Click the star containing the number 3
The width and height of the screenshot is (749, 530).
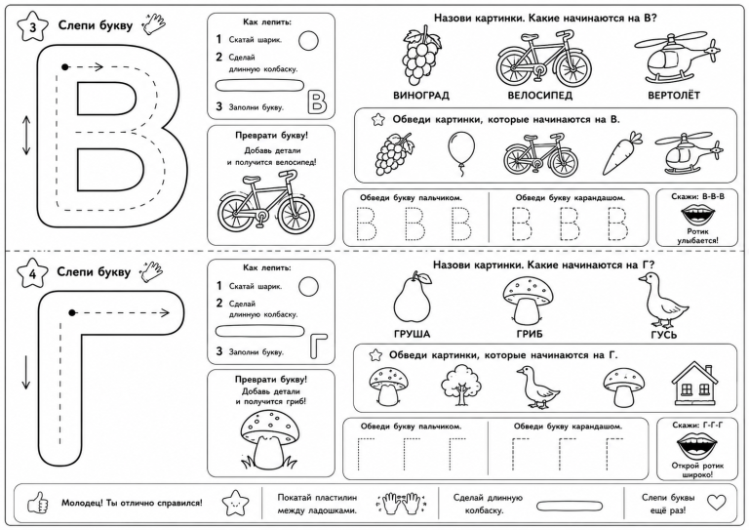click(x=32, y=26)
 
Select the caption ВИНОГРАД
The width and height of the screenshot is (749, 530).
click(x=421, y=95)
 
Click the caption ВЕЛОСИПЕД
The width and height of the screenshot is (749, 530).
click(x=539, y=95)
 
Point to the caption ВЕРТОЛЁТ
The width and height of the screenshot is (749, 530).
click(x=674, y=95)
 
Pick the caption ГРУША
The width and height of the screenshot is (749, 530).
click(x=413, y=334)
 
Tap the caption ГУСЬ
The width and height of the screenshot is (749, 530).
click(x=664, y=335)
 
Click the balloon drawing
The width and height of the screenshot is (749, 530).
click(x=461, y=153)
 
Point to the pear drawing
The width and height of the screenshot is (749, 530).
click(x=413, y=299)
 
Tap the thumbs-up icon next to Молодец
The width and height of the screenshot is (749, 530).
click(x=38, y=504)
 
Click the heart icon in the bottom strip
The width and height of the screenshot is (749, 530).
click(x=716, y=503)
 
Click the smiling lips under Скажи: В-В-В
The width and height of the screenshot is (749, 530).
click(x=697, y=215)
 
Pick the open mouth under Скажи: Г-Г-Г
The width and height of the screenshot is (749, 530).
click(x=697, y=446)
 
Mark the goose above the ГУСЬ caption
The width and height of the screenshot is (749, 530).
click(x=663, y=300)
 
